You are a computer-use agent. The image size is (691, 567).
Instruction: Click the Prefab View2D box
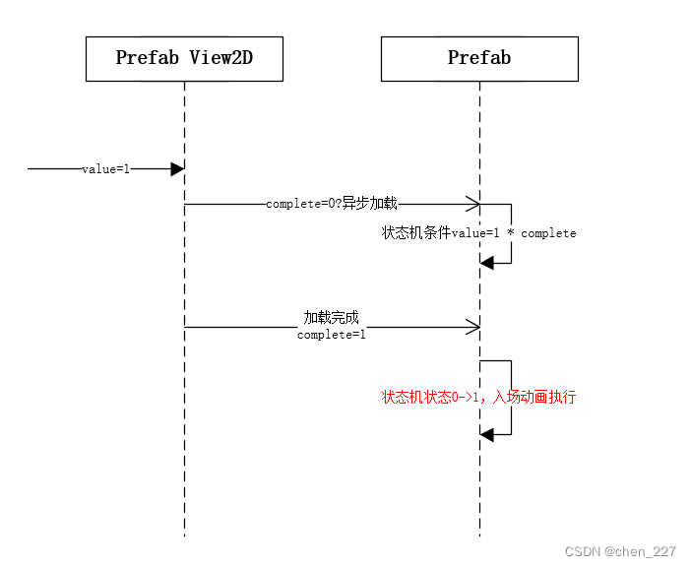tap(184, 58)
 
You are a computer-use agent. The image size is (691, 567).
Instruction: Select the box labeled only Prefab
tap(479, 58)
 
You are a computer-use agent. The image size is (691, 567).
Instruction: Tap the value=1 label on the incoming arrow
tap(105, 169)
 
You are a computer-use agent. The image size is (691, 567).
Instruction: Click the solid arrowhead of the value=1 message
tap(177, 169)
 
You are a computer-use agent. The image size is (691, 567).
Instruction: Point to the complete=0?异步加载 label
tap(332, 204)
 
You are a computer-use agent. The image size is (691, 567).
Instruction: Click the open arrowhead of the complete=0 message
tap(473, 205)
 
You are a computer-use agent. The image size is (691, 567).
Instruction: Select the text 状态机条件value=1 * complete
tap(479, 233)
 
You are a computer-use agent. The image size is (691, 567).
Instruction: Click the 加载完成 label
tap(332, 318)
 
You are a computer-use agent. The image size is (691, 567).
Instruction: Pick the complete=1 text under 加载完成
tap(332, 335)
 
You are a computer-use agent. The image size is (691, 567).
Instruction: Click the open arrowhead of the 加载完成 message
tap(473, 327)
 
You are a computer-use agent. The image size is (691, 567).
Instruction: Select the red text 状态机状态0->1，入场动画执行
tap(479, 397)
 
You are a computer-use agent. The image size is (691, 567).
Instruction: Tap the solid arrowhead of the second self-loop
tap(486, 434)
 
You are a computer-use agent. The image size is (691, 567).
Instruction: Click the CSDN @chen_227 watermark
tap(620, 552)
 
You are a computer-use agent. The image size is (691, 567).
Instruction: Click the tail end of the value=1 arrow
tap(30, 169)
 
